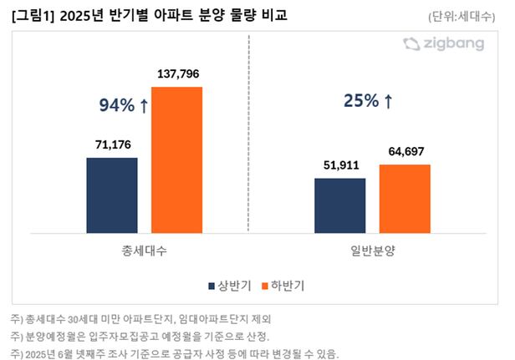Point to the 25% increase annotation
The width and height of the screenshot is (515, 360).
(368, 102)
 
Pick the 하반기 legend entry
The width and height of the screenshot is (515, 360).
(281, 286)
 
